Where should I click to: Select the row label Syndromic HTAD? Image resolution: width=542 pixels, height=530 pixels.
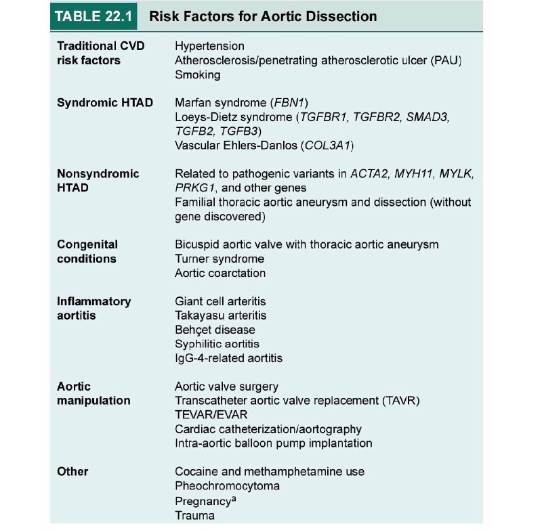(105, 103)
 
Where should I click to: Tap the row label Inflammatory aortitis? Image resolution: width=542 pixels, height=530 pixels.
(94, 308)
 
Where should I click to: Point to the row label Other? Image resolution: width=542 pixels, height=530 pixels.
(72, 471)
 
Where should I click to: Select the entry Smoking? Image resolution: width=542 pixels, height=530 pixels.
(197, 75)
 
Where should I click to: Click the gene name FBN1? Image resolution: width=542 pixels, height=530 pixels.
(288, 103)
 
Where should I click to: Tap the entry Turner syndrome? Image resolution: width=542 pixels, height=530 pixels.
(220, 259)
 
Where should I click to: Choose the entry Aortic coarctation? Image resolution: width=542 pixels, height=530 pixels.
(220, 273)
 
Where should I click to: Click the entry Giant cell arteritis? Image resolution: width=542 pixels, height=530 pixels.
(221, 301)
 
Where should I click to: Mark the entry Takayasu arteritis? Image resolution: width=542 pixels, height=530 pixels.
(221, 315)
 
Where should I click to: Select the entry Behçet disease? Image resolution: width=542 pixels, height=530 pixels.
(215, 330)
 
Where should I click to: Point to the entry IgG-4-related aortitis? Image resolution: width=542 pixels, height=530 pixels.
(228, 358)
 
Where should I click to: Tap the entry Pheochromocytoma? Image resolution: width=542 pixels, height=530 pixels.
(227, 486)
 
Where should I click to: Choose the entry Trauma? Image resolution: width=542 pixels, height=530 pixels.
(194, 515)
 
